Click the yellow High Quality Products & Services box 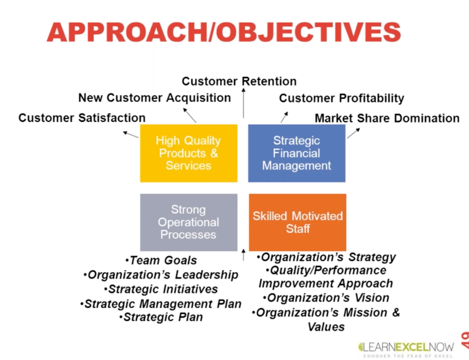[x=189, y=153]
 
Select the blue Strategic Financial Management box [x=297, y=153]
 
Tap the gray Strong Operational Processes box [x=189, y=222]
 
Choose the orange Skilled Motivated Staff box [x=298, y=222]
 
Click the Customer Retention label [x=239, y=81]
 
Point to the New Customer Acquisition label [x=155, y=98]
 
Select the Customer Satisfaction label [x=82, y=117]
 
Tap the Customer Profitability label [x=342, y=98]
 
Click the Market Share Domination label [x=388, y=118]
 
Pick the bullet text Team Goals [x=161, y=260]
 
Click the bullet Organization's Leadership [x=161, y=275]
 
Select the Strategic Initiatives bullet [x=161, y=289]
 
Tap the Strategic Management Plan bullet [x=161, y=304]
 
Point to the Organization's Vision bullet [x=326, y=298]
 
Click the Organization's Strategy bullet [x=326, y=257]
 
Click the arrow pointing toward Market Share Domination [x=353, y=133]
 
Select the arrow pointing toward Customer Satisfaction [x=131, y=134]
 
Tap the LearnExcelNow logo [x=406, y=349]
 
